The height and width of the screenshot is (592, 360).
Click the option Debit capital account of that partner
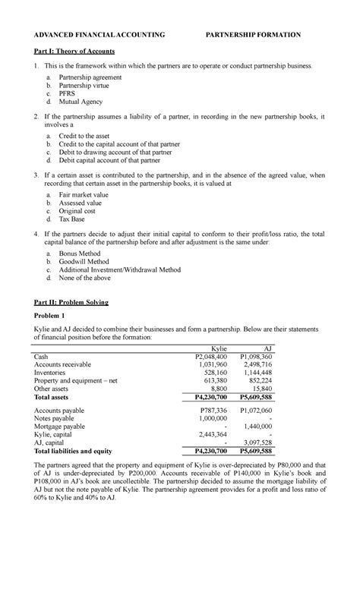110,160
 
